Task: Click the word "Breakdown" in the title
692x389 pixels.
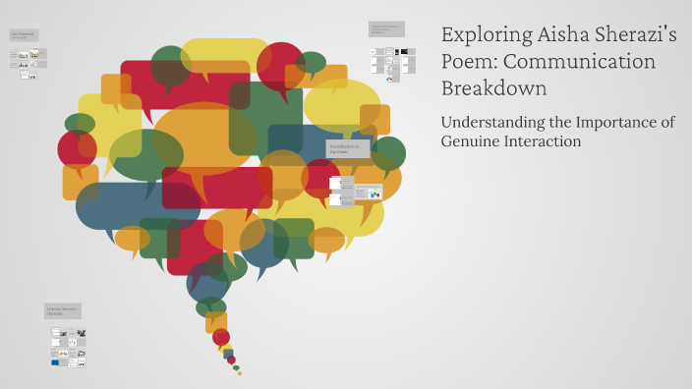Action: pos(493,88)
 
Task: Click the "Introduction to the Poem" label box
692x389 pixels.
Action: pos(350,148)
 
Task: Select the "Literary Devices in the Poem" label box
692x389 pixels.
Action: pos(63,311)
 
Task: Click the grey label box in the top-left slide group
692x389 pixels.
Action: pos(24,35)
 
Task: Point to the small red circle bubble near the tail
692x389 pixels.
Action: pos(221,337)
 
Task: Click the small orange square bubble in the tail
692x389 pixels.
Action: pos(216,321)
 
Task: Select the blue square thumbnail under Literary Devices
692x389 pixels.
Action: pos(54,362)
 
